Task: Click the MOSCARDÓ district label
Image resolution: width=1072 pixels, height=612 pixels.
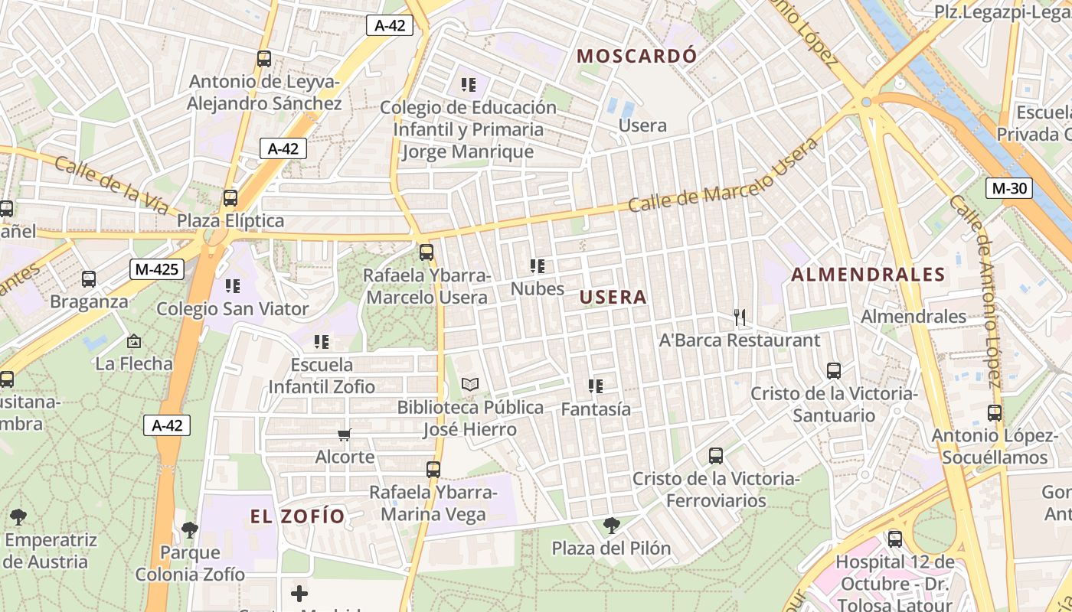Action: point(636,56)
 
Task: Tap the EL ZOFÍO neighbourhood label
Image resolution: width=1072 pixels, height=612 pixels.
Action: point(298,516)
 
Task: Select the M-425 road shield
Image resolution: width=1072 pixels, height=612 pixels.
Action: point(157,269)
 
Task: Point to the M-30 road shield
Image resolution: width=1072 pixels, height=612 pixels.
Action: point(1009,188)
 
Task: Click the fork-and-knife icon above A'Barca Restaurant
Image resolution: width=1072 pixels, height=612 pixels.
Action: point(739,317)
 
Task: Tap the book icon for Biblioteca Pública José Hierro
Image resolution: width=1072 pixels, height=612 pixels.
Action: point(469,384)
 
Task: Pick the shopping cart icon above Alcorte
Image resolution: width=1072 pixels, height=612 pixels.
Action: point(345,435)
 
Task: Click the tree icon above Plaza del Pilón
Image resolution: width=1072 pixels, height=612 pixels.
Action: point(611,526)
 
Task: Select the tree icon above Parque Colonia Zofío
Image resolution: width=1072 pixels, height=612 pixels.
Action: point(190,529)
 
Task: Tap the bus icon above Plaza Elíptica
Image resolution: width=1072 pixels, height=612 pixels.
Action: point(230,198)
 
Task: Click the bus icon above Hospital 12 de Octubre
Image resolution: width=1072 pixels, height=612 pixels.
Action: point(894,539)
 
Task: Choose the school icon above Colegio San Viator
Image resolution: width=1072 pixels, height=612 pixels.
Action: point(232,286)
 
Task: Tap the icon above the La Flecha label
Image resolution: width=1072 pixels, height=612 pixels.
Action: point(134,341)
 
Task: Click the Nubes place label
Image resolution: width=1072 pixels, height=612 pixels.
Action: point(538,288)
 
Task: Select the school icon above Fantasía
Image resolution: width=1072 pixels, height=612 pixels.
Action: point(596,386)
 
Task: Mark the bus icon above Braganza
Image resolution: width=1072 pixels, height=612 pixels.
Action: point(89,279)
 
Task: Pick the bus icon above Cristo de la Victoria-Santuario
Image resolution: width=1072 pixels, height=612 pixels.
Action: point(834,371)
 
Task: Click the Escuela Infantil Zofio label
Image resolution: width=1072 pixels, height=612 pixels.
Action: point(322,376)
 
